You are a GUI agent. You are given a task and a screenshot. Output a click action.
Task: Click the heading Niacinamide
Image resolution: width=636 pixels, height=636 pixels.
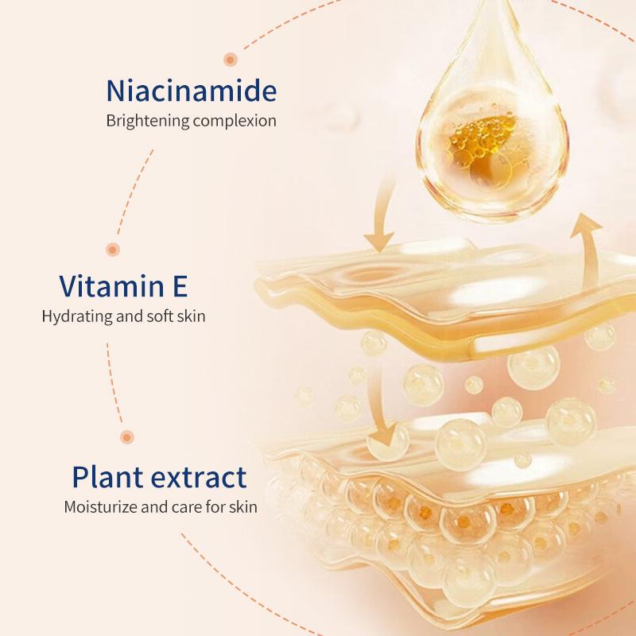(x=192, y=90)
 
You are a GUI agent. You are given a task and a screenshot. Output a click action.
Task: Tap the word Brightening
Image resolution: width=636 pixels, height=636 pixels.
(x=148, y=121)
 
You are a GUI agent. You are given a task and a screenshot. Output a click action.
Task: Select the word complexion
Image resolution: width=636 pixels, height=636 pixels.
(x=235, y=121)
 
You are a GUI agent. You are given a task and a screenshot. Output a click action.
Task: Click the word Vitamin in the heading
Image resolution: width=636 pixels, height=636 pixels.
(x=111, y=285)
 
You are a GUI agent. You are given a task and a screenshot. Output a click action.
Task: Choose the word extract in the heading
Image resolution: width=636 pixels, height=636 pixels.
(x=199, y=477)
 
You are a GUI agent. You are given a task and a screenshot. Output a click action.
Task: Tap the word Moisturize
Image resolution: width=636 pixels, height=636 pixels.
(x=101, y=506)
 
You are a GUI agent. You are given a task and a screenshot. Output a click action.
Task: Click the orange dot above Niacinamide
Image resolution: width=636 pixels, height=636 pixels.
(x=231, y=60)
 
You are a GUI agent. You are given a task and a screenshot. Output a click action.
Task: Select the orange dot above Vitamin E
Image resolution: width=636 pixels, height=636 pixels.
(x=113, y=249)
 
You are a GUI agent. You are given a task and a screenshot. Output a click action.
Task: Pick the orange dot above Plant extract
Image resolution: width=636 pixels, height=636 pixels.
(x=127, y=436)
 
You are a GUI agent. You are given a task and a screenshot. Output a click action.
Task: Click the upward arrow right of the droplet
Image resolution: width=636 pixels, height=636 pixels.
(x=588, y=247)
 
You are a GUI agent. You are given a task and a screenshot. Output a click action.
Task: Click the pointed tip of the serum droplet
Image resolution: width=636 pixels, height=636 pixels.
(x=492, y=2)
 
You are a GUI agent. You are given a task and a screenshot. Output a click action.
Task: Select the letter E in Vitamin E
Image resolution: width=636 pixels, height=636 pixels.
(x=180, y=285)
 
